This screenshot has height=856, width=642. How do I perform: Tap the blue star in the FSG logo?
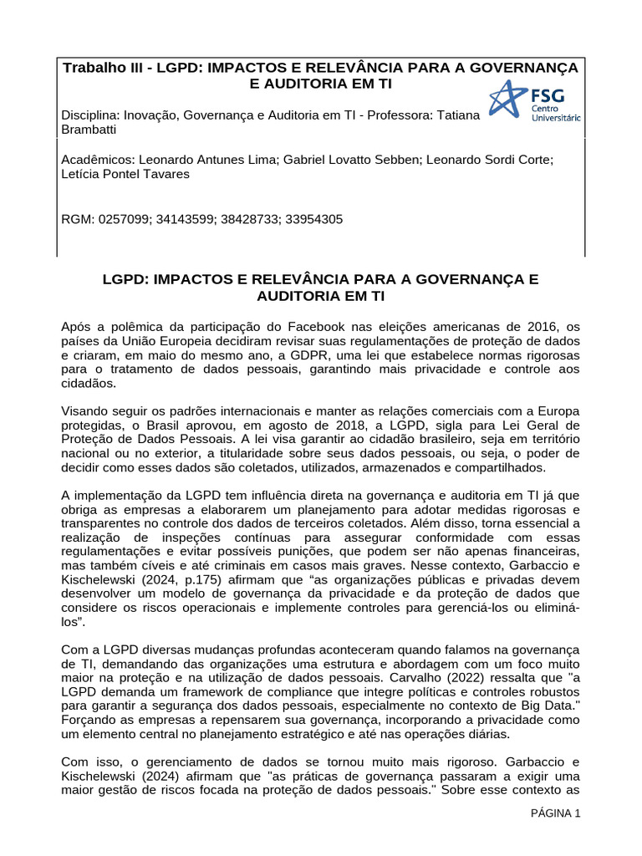click(x=507, y=99)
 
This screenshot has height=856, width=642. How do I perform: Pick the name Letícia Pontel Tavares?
click(x=125, y=174)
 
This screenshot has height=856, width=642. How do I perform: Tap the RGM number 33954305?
click(x=313, y=219)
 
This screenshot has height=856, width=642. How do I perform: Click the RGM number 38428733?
click(x=250, y=219)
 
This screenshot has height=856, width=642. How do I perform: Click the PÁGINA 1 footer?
click(x=556, y=813)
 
